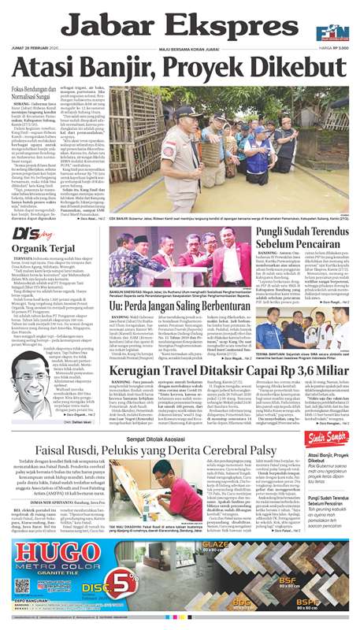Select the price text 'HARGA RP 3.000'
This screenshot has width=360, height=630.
(x=328, y=52)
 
